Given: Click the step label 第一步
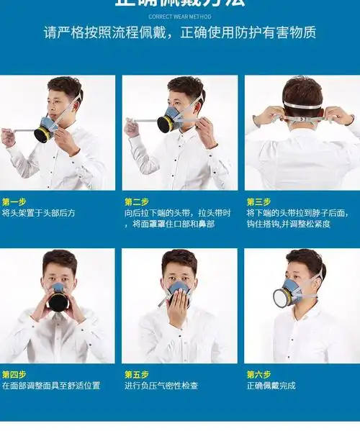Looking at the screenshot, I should click(x=14, y=201).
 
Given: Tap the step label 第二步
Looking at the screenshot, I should click(x=136, y=201).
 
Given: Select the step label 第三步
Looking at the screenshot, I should click(x=258, y=201).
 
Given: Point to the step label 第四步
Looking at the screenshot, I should click(x=14, y=374).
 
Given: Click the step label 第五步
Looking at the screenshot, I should click(x=136, y=374).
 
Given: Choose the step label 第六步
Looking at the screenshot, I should click(x=258, y=374).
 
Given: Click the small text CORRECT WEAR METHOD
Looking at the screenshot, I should click(x=179, y=16).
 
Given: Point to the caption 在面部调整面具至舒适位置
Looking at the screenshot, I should click(x=50, y=386).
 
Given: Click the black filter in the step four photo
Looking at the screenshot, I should click(x=58, y=300).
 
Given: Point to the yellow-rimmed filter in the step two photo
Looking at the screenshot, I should click(x=166, y=124).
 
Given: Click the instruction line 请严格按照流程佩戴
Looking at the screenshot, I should click(x=109, y=33).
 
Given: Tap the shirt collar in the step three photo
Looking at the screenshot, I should click(x=303, y=130).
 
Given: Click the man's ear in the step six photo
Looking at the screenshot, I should click(x=317, y=277).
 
